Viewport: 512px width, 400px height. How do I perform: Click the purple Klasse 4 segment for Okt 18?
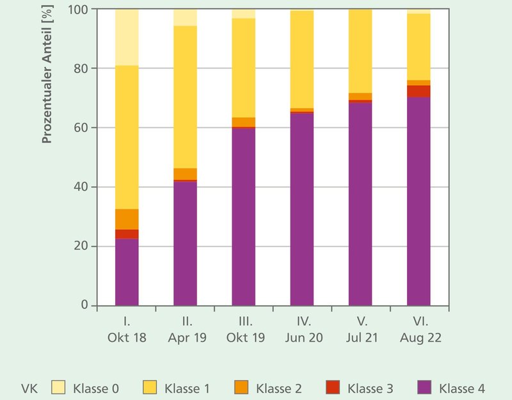pyautogui.click(x=127, y=272)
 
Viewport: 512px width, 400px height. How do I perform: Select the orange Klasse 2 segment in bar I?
pyautogui.click(x=127, y=219)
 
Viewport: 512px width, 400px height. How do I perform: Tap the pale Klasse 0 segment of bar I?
pyautogui.click(x=127, y=37)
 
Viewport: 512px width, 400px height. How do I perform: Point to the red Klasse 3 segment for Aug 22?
pyautogui.click(x=419, y=91)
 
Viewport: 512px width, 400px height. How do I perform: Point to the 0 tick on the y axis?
pyautogui.click(x=84, y=305)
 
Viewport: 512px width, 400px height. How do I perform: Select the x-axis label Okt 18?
pyautogui.click(x=127, y=337)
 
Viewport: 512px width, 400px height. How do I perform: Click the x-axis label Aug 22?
pyautogui.click(x=419, y=337)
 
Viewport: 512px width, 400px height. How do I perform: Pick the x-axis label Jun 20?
pyautogui.click(x=302, y=337)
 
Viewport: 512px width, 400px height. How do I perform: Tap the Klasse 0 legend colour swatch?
pyautogui.click(x=59, y=387)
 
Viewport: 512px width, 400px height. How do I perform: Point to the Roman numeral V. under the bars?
pyautogui.click(x=360, y=322)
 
